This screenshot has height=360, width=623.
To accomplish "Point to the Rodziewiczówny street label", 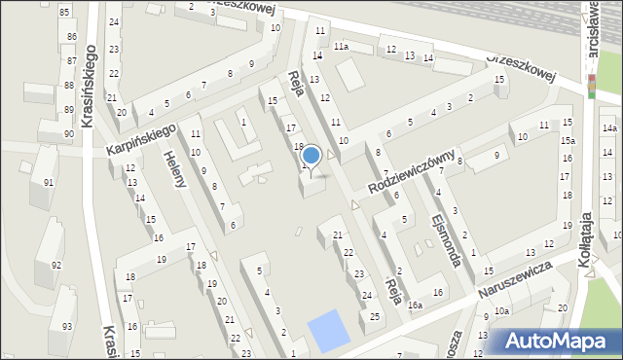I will pyautogui.click(x=412, y=171).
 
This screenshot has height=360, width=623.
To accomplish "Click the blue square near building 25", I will pyautogui.click(x=327, y=331).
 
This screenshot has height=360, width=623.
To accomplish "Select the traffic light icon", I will pyautogui.click(x=590, y=87).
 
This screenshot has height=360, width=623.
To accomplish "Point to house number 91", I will pyautogui.click(x=49, y=181).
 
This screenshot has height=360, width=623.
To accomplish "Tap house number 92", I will pyautogui.click(x=56, y=265).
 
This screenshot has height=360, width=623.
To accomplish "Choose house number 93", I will pyautogui.click(x=66, y=326).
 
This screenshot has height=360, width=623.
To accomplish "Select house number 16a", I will pyautogui.click(x=416, y=306).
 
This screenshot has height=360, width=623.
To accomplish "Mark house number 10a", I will pyautogui.click(x=500, y=311).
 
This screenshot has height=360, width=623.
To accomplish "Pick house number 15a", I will pyautogui.click(x=568, y=141).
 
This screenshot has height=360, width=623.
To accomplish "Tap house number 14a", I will pyautogui.click(x=609, y=128).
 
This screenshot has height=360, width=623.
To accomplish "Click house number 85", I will pyautogui.click(x=64, y=12).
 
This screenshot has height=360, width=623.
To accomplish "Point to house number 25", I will pyautogui.click(x=375, y=317).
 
